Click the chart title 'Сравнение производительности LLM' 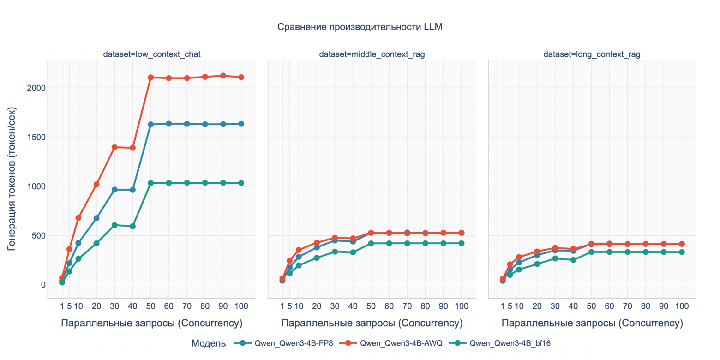[360, 27]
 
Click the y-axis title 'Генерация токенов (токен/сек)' [12, 177]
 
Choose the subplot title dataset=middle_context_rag [372, 54]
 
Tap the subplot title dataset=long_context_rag [592, 54]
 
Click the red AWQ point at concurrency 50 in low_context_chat [150, 77]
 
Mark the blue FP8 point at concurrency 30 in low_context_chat [114, 190]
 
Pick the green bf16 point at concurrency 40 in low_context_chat [132, 226]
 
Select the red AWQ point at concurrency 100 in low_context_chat [241, 77]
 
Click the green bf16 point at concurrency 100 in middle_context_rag [461, 243]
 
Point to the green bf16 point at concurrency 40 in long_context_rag [573, 260]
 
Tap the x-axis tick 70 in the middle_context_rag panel [407, 306]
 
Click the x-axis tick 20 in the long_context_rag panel [537, 306]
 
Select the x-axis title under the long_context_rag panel [592, 323]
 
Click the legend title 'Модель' [209, 343]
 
